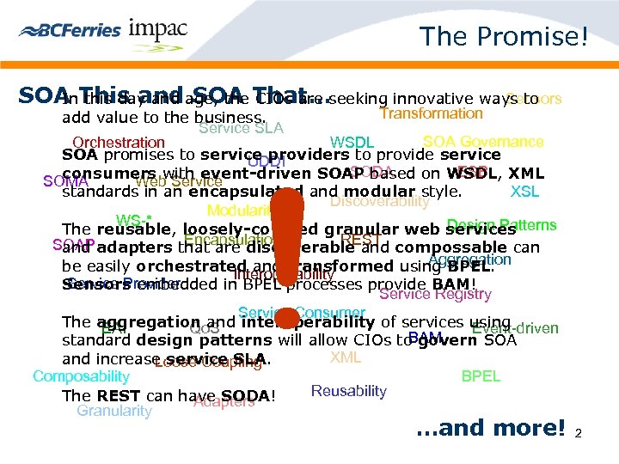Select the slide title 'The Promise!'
click(x=503, y=36)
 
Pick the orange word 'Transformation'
click(x=432, y=113)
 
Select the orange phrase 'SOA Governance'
click(x=483, y=142)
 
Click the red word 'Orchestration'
click(x=119, y=143)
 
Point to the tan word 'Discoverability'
click(x=379, y=202)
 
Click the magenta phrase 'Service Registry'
click(x=435, y=294)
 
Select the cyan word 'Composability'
click(x=81, y=376)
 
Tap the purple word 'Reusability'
click(x=348, y=391)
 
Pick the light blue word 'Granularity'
click(x=114, y=411)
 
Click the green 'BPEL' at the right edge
click(x=481, y=376)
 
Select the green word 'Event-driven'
click(x=516, y=328)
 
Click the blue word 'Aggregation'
click(x=469, y=259)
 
